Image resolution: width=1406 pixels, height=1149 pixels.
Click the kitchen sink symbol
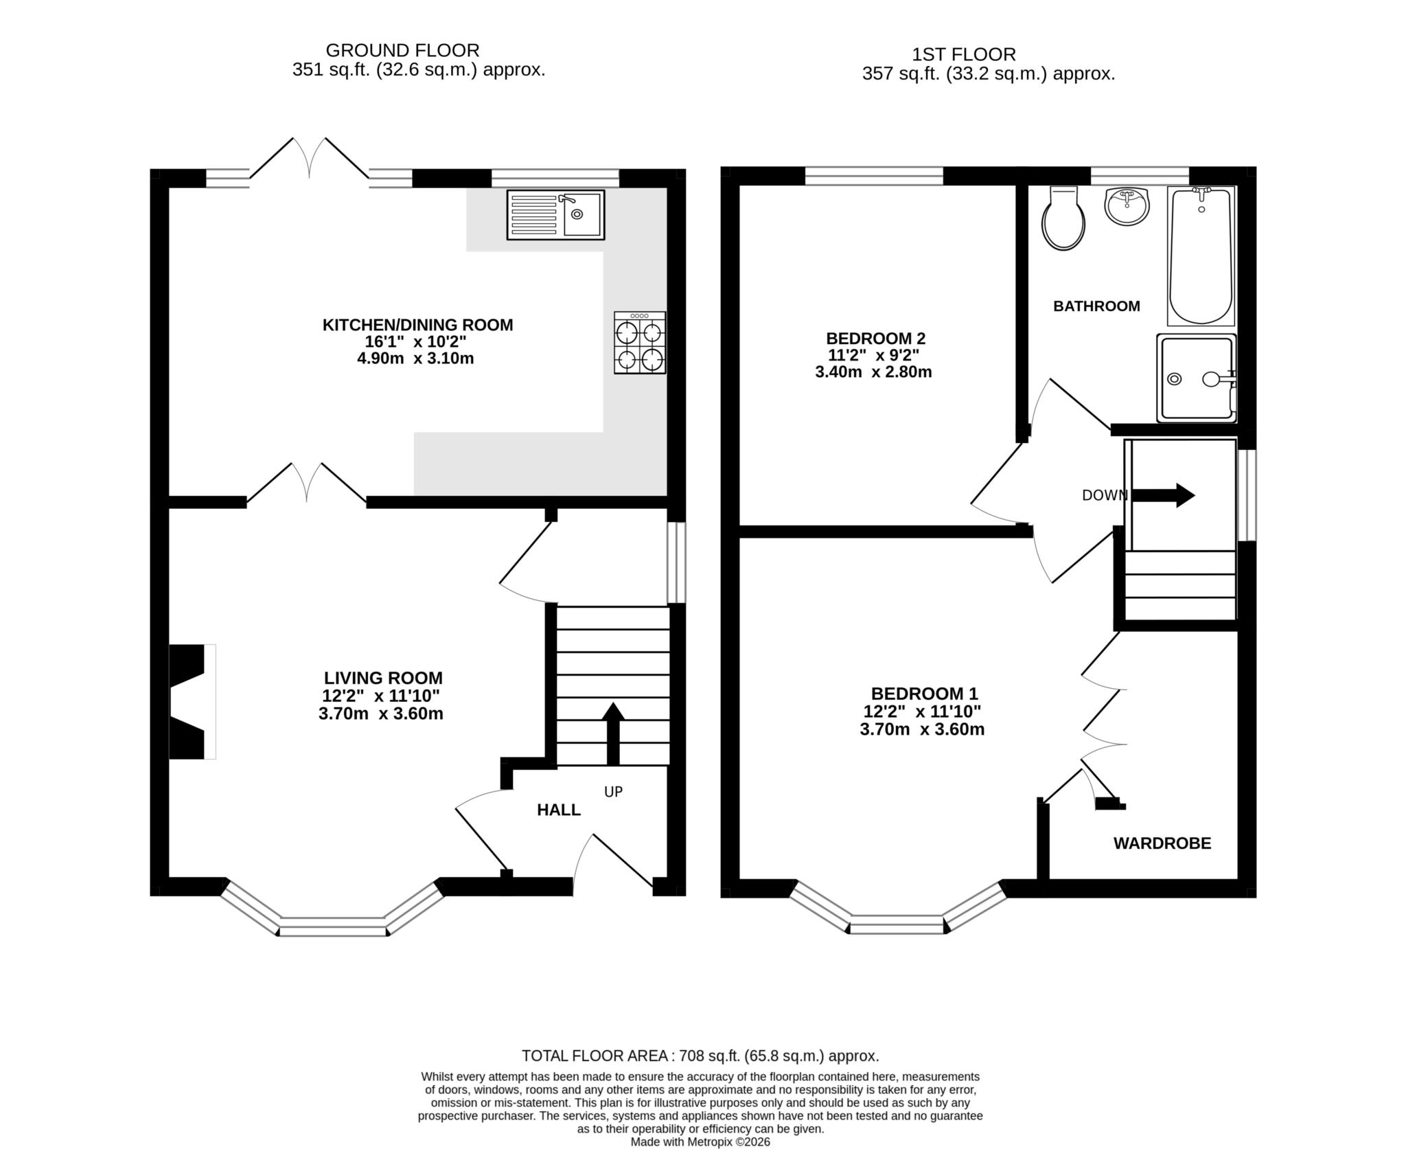[555, 215]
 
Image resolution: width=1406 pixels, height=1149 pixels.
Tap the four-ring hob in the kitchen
[639, 343]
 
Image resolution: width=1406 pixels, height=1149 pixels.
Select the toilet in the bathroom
[1063, 219]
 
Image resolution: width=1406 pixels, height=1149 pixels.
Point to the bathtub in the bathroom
[1201, 255]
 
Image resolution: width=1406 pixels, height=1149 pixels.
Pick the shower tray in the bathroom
[1196, 378]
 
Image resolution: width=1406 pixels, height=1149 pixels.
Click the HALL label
[558, 810]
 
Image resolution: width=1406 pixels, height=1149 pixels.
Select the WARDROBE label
[1162, 843]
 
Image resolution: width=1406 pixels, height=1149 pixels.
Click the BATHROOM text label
[1096, 306]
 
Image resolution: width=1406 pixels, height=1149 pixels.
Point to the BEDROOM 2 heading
[875, 338]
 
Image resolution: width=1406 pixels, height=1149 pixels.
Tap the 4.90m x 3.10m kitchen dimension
[417, 359]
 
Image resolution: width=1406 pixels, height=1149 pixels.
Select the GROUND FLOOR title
[402, 50]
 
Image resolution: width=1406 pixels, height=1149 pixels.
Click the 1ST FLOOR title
[963, 54]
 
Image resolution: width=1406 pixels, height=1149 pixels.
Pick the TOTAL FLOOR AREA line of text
[700, 1056]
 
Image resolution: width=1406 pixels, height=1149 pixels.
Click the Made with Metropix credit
[700, 1142]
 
